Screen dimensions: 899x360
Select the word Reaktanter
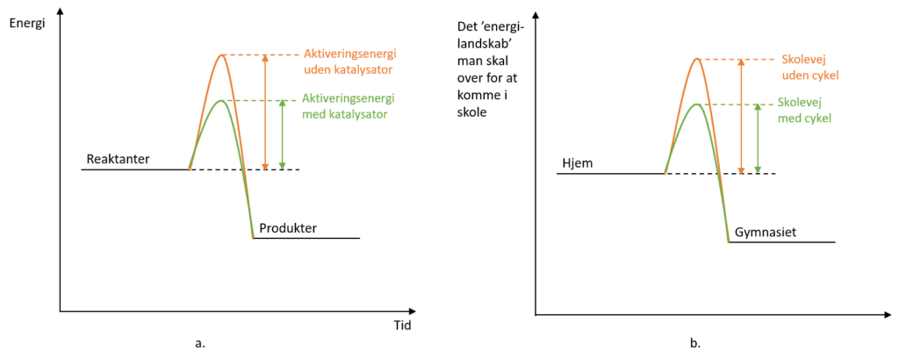(119, 159)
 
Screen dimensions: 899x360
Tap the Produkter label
(288, 228)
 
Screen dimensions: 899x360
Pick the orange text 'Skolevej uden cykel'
(807, 67)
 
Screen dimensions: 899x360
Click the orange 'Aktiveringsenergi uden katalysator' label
(349, 61)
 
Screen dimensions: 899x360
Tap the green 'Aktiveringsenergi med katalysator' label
(348, 106)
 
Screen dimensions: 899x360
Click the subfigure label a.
(200, 344)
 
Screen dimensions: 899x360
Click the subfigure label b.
(695, 344)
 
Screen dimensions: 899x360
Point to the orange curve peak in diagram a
(222, 54)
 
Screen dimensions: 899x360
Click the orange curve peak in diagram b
(697, 59)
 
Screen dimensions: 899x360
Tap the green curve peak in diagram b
(696, 104)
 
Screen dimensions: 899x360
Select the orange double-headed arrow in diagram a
(265, 112)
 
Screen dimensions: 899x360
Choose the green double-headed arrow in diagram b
(758, 139)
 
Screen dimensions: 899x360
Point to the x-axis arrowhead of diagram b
(888, 314)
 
